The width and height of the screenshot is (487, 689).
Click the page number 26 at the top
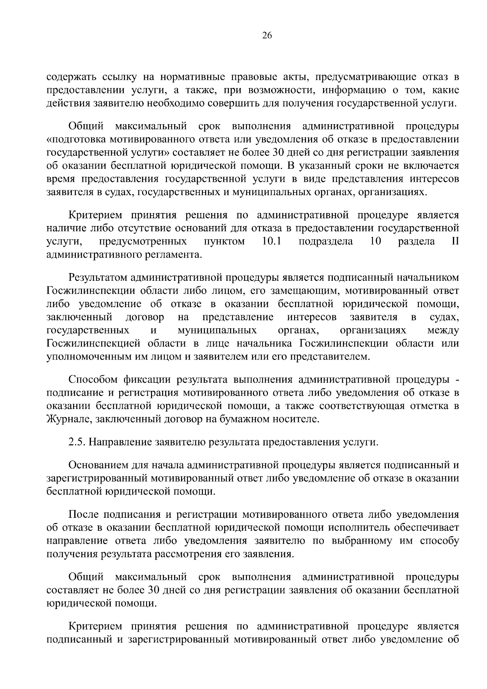(267, 36)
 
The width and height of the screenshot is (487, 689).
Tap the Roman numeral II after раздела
(455, 242)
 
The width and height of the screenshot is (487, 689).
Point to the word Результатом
(98, 278)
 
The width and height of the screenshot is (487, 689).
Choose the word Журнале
(64, 419)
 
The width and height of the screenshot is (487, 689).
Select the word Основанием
(99, 465)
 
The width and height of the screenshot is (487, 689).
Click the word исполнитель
(357, 528)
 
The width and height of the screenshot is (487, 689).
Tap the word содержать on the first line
(72, 77)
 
